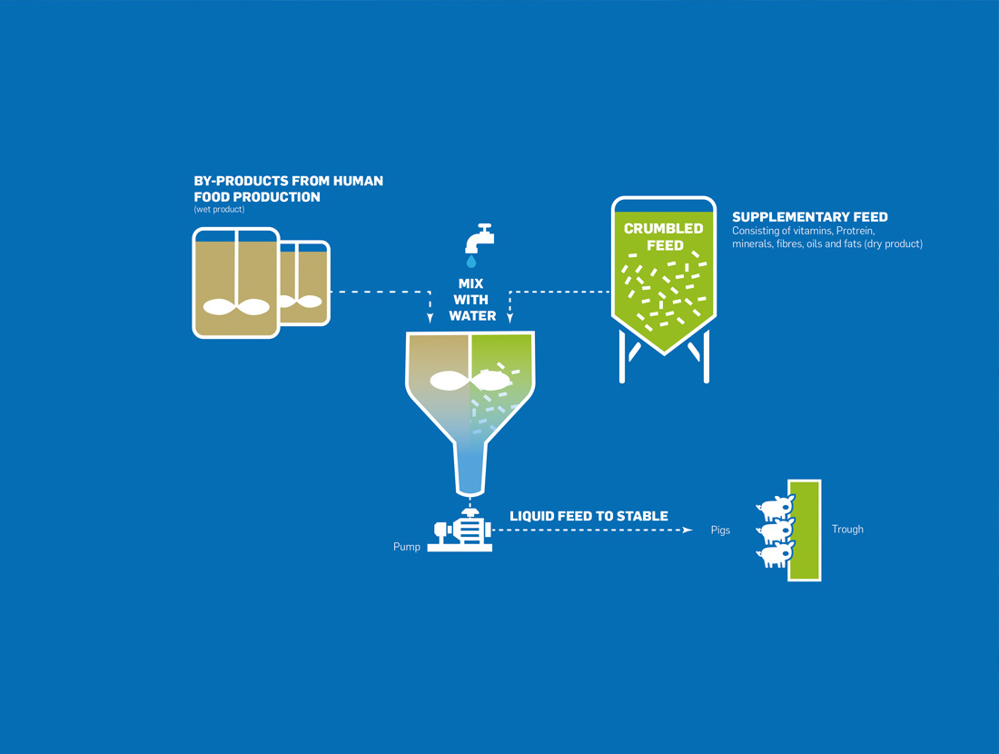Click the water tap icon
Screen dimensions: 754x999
pos(479,238)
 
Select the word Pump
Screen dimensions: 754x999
pos(407,547)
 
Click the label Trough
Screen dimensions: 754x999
pos(847,529)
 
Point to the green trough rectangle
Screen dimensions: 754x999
pos(805,531)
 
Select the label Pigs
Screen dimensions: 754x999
pos(720,530)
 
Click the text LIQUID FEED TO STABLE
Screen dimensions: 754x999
pos(589,516)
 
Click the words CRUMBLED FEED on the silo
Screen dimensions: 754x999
pos(663,237)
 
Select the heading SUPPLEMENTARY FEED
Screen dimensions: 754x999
pos(809,217)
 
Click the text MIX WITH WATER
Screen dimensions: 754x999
pos(472,300)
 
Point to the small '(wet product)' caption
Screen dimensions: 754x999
pos(219,210)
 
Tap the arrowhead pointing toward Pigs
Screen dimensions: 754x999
pos(688,530)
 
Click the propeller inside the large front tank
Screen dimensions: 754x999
pos(236,307)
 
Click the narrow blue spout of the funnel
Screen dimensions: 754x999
pos(470,468)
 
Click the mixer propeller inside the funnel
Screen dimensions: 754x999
pos(470,381)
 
